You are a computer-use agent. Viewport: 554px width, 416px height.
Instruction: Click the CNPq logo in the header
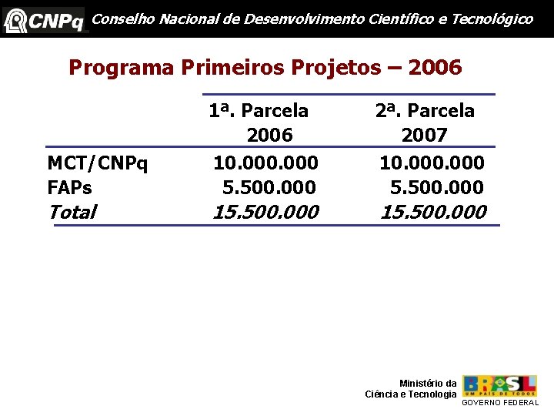pyautogui.click(x=44, y=19)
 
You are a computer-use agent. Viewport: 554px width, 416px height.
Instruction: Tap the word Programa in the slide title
pyautogui.click(x=122, y=68)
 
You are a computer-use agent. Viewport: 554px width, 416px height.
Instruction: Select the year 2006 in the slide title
pyautogui.click(x=436, y=68)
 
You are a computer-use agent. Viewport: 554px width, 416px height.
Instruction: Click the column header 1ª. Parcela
pyautogui.click(x=259, y=111)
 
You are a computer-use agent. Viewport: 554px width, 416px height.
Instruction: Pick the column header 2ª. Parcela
pyautogui.click(x=425, y=111)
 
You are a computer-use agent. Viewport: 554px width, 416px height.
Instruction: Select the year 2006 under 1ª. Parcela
pyautogui.click(x=269, y=136)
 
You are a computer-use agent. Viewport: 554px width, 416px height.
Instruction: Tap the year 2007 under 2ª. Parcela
pyautogui.click(x=424, y=136)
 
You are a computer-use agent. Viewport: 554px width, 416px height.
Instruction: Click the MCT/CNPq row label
pyautogui.click(x=98, y=163)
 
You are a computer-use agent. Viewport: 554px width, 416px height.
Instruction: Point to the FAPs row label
pyautogui.click(x=69, y=187)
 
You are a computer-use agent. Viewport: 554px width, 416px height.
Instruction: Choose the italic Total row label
pyautogui.click(x=72, y=212)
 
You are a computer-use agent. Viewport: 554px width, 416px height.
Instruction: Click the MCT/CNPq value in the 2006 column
pyautogui.click(x=265, y=163)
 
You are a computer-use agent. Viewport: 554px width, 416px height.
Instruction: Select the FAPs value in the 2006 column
pyautogui.click(x=269, y=187)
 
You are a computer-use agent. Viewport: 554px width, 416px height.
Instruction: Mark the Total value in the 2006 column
pyautogui.click(x=265, y=212)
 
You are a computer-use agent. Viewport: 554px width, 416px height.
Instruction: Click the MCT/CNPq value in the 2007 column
pyautogui.click(x=432, y=163)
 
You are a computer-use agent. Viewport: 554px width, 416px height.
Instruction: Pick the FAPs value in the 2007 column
pyautogui.click(x=436, y=187)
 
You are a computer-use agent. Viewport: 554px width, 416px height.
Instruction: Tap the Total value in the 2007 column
pyautogui.click(x=433, y=212)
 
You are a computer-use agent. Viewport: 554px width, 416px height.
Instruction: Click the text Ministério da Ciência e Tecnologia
pyautogui.click(x=411, y=389)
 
